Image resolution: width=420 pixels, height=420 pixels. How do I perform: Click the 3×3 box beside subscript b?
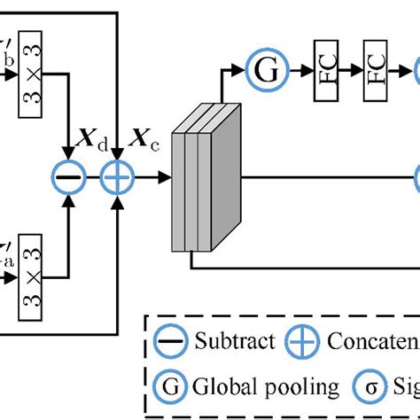(x=32, y=76)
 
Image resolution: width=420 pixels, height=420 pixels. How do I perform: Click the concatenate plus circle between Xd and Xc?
(x=114, y=178)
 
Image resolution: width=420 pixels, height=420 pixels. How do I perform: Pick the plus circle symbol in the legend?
(x=309, y=340)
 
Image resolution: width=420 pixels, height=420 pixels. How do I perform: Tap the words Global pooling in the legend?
(x=266, y=387)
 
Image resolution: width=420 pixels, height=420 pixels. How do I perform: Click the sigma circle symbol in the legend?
(x=368, y=386)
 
